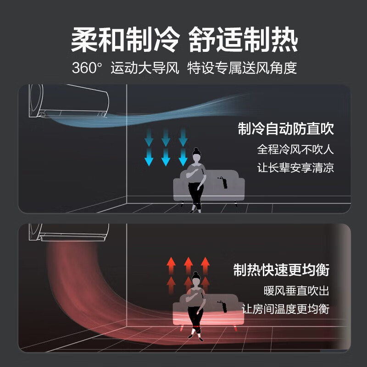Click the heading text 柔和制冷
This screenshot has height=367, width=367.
[125, 39]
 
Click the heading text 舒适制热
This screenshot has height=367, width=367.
[243, 39]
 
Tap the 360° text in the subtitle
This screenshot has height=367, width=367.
[87, 68]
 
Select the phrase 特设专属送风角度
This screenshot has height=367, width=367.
[242, 68]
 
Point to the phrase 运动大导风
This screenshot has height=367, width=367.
[145, 68]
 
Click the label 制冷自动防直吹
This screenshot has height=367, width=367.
[286, 128]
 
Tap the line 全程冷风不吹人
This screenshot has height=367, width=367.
[295, 149]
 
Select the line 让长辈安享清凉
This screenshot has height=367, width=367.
[295, 167]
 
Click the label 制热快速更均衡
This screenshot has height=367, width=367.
[281, 270]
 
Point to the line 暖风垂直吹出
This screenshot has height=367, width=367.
[296, 291]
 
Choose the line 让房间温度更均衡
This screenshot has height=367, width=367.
[285, 309]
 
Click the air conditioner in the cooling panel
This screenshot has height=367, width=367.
[69, 101]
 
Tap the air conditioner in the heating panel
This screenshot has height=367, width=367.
[69, 232]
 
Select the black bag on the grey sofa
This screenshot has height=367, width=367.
[224, 182]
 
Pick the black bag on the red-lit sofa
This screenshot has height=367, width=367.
[222, 306]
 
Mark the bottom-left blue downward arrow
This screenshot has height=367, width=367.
[149, 157]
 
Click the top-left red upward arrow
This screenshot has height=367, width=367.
[171, 266]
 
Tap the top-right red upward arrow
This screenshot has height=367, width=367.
[205, 266]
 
